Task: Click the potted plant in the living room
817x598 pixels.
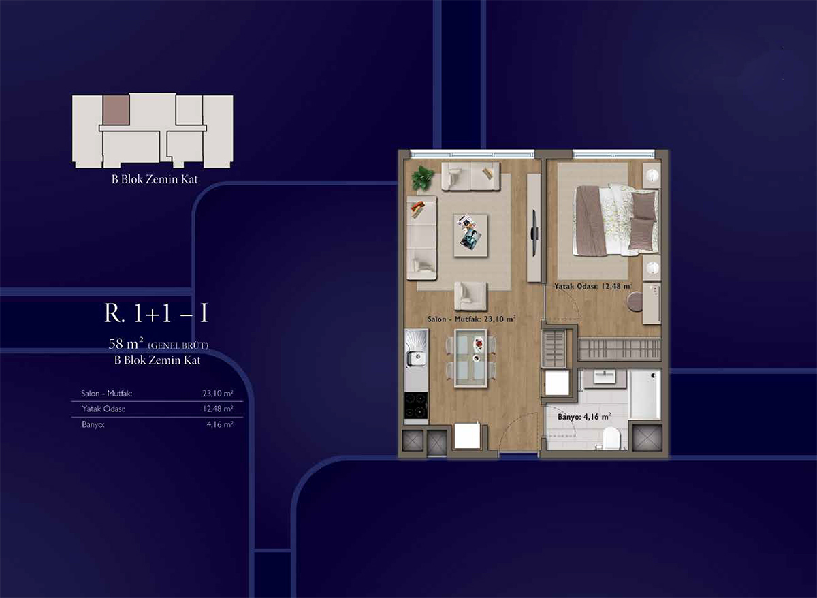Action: coord(423,178)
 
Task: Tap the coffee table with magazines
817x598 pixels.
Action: coord(470,235)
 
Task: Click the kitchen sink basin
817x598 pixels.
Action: coord(416,358)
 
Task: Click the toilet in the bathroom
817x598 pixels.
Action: coord(611,438)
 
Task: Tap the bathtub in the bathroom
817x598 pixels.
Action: coord(645,394)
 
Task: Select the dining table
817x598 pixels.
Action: coord(471,358)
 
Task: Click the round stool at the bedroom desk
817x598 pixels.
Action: coord(636,301)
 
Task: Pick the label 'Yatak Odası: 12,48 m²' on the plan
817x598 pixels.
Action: coord(593,287)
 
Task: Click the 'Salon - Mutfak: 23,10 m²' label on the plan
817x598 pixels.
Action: coord(471,319)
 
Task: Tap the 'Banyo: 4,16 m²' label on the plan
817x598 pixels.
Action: coord(584,417)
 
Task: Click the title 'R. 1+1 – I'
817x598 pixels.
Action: coord(156,313)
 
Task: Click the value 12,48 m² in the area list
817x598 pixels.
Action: coord(218,409)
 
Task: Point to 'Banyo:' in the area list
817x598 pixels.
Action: coord(93,425)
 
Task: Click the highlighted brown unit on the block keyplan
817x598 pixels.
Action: coord(116,110)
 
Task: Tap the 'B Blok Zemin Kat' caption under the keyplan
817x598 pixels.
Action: coord(155,179)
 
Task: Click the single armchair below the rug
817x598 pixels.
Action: coord(470,296)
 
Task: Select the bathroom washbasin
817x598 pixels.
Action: coord(605,376)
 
